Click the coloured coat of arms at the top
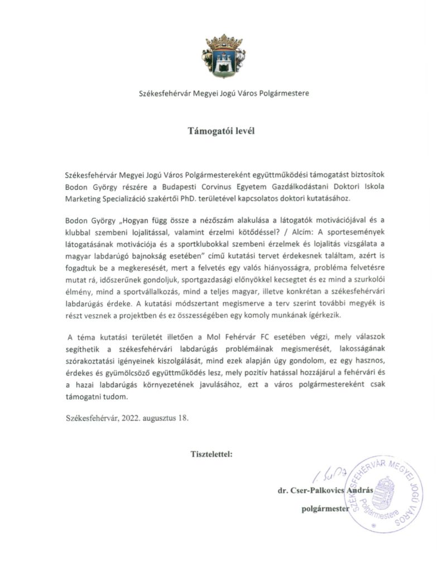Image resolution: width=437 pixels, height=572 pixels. [x=223, y=55]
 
